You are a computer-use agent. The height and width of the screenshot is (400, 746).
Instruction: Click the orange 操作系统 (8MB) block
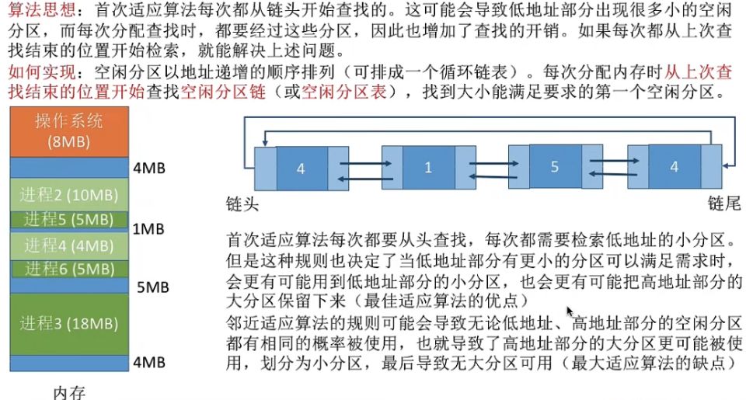[68, 132]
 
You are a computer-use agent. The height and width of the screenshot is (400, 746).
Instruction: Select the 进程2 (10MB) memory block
[68, 193]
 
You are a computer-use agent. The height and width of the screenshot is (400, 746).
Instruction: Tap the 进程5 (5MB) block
[68, 219]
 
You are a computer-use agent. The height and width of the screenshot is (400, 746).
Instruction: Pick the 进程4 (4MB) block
[68, 245]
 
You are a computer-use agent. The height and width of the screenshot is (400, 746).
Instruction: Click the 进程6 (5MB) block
[68, 270]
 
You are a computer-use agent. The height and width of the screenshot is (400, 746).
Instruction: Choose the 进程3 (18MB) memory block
[68, 323]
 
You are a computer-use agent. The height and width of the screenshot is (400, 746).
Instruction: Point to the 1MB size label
[148, 229]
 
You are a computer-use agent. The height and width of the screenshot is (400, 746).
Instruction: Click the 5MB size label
[152, 287]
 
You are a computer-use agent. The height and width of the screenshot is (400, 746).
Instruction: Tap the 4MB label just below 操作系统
[148, 168]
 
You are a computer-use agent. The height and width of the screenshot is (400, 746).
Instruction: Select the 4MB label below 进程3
[148, 362]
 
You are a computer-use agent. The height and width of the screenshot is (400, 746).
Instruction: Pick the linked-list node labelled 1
[428, 168]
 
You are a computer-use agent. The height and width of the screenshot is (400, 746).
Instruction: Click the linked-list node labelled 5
[554, 167]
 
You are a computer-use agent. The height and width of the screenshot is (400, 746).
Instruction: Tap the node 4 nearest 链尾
[674, 167]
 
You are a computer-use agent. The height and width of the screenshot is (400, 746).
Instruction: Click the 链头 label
[242, 203]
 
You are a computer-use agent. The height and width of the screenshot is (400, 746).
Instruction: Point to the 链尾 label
[723, 203]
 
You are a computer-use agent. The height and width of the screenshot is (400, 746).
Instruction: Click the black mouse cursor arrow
[570, 312]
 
